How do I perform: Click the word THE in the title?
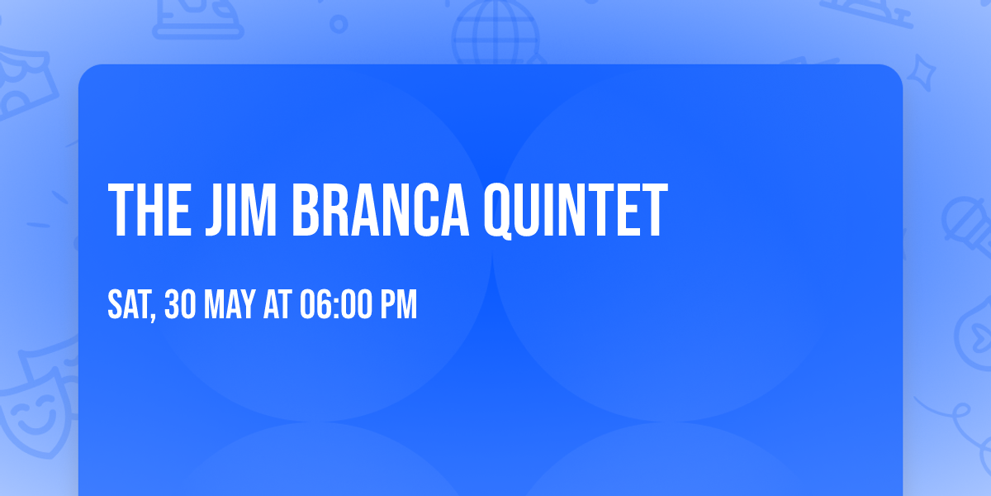coord(149,210)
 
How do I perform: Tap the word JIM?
coord(241,210)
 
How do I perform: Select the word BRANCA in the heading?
coord(380,210)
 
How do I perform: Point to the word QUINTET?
coord(576,211)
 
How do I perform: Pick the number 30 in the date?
coord(180,304)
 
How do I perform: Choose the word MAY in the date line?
coord(230,304)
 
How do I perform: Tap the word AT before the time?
coord(277,304)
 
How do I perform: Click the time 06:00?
coord(336,304)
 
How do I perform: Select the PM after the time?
coord(399,304)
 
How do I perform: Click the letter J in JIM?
coord(214,210)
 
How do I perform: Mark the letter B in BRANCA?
coord(306,210)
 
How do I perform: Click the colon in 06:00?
coord(334,307)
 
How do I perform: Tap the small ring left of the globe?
coord(339,24)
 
